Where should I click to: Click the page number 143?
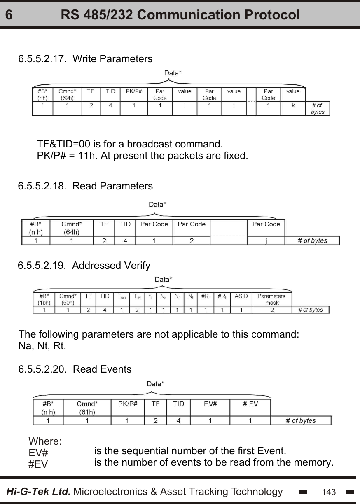point(329,492)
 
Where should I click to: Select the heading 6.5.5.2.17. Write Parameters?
point(85,59)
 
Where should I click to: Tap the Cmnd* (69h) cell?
point(67,94)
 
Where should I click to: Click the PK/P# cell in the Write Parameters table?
point(134,91)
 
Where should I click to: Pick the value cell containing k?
point(293,105)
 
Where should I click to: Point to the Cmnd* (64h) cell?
point(71,228)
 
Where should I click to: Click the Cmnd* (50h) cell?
point(68,299)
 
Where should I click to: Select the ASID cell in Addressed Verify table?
point(241,296)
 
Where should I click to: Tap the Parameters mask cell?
point(271,299)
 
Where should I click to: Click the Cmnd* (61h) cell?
point(87,407)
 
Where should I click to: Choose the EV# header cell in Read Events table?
point(210,404)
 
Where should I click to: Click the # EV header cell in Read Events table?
point(250,404)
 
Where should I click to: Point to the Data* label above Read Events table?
point(155,384)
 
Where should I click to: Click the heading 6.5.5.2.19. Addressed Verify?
point(84,266)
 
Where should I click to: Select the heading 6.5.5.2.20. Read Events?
point(75,369)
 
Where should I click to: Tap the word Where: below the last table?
point(45,442)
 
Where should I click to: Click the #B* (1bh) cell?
point(44,299)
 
